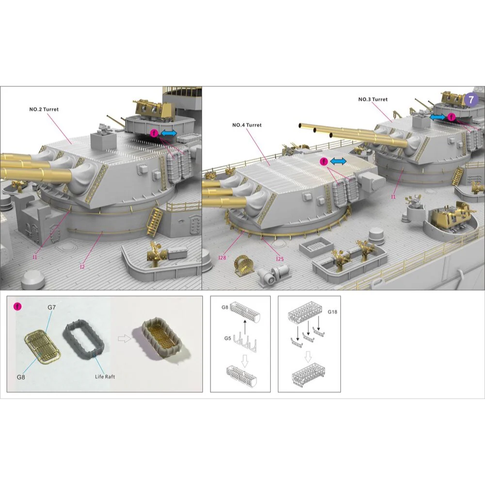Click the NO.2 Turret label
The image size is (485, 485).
coord(44,109)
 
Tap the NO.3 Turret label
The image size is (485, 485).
coord(372,99)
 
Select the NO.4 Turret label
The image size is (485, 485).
coord(247,125)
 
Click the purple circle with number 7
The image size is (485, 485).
coord(471,99)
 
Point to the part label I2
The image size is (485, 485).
coord(82,267)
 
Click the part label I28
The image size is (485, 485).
coord(222,258)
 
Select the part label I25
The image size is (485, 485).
coord(280,259)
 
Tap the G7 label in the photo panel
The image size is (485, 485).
coord(52,307)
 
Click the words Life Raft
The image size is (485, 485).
coord(105,376)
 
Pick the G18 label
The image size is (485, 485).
coord(333,312)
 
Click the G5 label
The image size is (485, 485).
coord(227,339)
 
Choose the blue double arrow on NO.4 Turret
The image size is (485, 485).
coord(338,161)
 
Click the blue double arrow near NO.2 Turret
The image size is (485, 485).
coord(169,133)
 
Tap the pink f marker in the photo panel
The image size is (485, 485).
coord(17,307)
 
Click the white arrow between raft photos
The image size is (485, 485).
coord(124,339)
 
